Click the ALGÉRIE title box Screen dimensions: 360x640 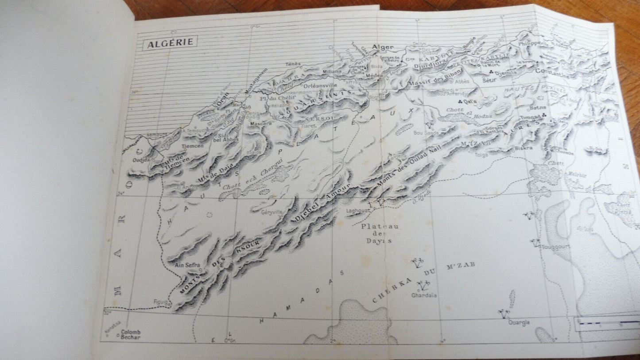pyautogui.click(x=170, y=42)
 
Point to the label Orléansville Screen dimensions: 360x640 pyautogui.click(x=321, y=85)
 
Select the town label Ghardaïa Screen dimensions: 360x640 pyautogui.click(x=424, y=295)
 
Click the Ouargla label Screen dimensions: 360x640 pyautogui.click(x=519, y=322)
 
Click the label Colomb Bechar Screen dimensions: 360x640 pyautogui.click(x=130, y=334)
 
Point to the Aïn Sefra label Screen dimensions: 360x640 pyautogui.click(x=188, y=265)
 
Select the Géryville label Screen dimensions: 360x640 pyautogui.click(x=272, y=212)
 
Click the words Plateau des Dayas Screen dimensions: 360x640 pyautogui.click(x=380, y=233)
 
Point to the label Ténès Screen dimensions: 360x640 pyautogui.click(x=293, y=64)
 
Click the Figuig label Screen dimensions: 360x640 pyautogui.click(x=161, y=302)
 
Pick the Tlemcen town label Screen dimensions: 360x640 pyautogui.click(x=193, y=146)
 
